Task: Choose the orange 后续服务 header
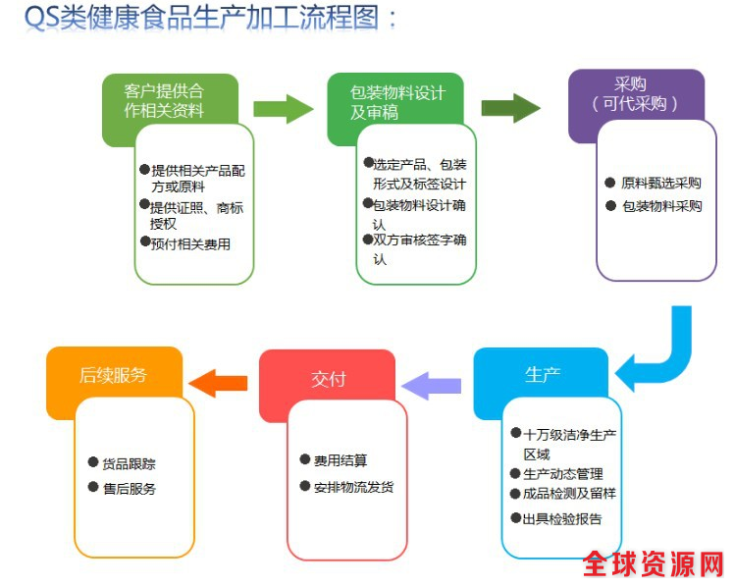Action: click(113, 374)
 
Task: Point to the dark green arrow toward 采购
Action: click(511, 107)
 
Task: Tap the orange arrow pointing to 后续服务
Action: click(217, 381)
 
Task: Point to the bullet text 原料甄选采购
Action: click(660, 183)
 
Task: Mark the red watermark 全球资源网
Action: click(654, 564)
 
